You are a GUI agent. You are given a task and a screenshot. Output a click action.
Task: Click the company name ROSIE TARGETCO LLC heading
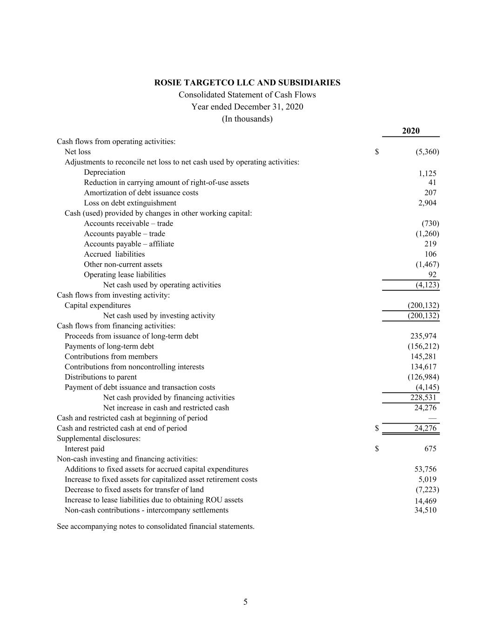(247, 82)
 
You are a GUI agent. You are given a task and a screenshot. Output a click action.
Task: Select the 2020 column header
(410, 131)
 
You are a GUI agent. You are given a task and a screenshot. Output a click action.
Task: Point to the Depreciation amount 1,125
(427, 173)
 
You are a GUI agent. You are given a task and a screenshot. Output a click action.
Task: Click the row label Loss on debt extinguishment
(130, 203)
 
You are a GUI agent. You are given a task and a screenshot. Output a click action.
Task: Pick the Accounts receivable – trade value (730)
(430, 223)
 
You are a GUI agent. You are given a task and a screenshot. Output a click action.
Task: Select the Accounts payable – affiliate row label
(129, 244)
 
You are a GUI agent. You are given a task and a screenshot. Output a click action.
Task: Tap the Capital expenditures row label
(98, 305)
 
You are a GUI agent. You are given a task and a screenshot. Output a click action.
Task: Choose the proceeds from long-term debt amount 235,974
(423, 336)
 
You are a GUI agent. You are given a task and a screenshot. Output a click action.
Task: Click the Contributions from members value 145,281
(423, 356)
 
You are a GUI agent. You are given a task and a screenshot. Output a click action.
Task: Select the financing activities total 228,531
(423, 397)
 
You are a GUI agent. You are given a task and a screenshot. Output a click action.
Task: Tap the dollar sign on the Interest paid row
(377, 449)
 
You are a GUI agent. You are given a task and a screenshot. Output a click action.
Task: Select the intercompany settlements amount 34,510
(425, 510)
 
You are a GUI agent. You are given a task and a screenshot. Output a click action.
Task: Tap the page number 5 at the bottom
(245, 602)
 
